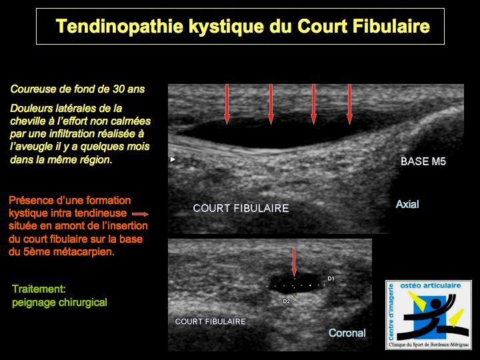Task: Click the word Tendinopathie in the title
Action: click(120, 26)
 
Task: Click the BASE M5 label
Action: click(423, 161)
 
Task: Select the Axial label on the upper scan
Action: click(407, 204)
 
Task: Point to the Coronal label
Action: click(347, 333)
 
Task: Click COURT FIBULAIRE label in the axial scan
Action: click(241, 209)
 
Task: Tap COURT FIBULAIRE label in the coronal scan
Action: click(210, 321)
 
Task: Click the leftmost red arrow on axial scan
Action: click(227, 105)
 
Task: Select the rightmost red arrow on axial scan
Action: click(349, 105)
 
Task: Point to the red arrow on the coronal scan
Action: click(294, 262)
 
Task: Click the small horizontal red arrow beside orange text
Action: click(140, 214)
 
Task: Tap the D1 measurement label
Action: click(331, 279)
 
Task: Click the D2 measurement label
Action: click(286, 301)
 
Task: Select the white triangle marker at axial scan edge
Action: click(173, 159)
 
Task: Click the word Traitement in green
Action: click(39, 289)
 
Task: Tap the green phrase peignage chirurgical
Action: click(60, 303)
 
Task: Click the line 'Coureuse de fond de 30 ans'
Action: click(77, 89)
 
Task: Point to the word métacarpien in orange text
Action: click(83, 252)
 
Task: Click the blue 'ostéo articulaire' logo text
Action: click(431, 285)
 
